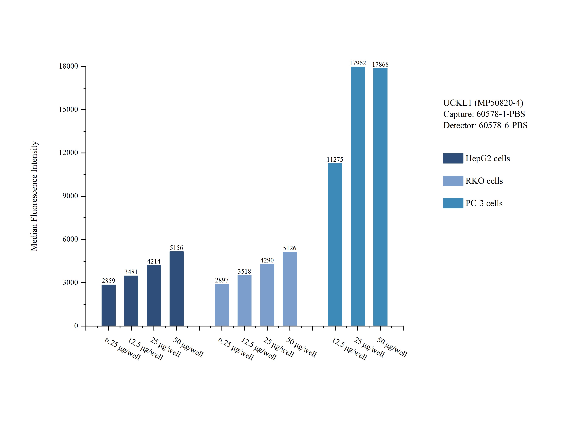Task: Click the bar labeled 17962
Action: (357, 196)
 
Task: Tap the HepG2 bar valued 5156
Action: (176, 288)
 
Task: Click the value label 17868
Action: (380, 64)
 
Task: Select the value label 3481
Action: (131, 272)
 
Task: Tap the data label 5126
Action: (289, 248)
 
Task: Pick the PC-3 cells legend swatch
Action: (453, 203)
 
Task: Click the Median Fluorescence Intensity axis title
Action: (34, 196)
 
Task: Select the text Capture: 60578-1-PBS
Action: (484, 114)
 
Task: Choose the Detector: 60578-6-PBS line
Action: (485, 125)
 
